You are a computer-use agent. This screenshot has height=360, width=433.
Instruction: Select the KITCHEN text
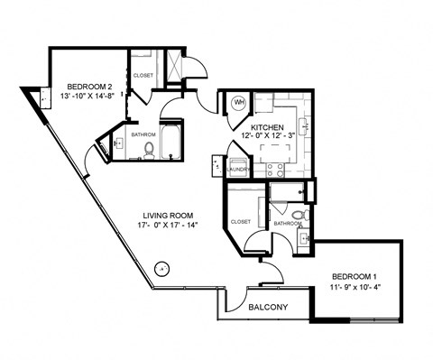268,127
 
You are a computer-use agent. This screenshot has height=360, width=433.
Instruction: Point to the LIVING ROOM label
167,215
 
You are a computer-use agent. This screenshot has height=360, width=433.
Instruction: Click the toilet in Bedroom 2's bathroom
149,152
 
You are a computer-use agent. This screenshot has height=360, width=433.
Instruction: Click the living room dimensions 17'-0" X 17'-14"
167,226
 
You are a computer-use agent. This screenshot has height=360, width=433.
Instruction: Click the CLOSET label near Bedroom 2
143,76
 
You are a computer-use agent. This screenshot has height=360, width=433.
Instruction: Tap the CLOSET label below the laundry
241,221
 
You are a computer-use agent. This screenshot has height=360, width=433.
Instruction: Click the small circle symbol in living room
161,266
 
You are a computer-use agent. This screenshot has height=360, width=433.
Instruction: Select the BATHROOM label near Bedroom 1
288,223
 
